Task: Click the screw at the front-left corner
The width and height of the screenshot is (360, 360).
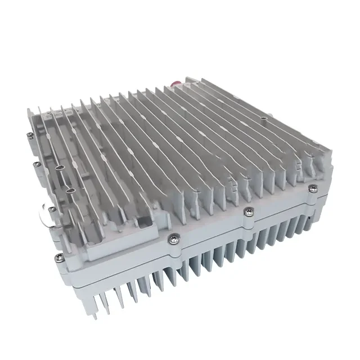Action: coord(58,257)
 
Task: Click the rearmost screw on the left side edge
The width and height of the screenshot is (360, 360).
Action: coord(28,133)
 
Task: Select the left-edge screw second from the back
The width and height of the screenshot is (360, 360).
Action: coord(35,164)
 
